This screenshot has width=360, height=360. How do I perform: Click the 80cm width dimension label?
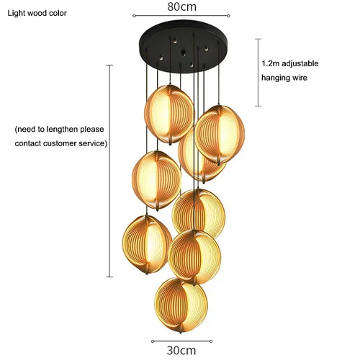pos(181,6)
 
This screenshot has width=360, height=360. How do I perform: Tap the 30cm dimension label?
pos(181,351)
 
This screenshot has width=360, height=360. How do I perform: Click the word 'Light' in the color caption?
pos(17,13)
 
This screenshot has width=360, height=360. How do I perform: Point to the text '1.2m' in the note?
pos(271,63)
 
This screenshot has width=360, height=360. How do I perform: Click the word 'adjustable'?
pos(300,63)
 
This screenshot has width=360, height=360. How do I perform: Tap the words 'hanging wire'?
pos(284,78)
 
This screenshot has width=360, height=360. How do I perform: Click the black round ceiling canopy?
pos(183,46)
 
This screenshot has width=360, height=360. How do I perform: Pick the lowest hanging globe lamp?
pos(181,305)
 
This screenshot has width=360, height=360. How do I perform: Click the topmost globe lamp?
pos(169,114)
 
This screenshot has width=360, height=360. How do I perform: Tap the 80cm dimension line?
pos(181,16)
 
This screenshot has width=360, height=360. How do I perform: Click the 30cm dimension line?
pos(181,341)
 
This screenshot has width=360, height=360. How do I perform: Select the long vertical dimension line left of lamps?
pos(109,171)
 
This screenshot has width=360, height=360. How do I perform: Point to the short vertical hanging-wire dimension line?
pos(258,72)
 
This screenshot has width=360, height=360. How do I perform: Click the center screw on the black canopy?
pos(184,54)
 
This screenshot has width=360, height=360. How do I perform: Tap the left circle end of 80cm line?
pos(134,16)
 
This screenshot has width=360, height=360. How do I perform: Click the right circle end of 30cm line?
pos(211,341)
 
